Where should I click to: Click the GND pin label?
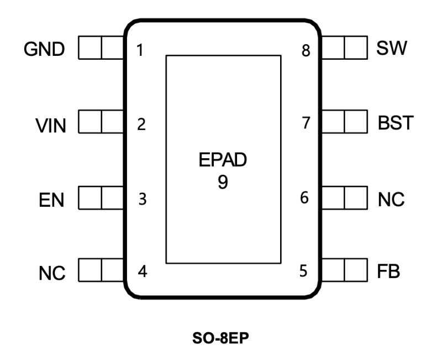point(44,50)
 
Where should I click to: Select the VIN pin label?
point(51,126)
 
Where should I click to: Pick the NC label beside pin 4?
point(52,273)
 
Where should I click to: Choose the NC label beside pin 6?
point(391,199)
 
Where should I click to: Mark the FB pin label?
point(389,273)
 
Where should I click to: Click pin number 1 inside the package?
point(140,51)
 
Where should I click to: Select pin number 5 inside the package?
point(303,272)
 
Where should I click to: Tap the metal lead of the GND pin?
point(101,48)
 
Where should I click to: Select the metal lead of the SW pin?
point(344,48)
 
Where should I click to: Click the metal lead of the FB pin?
point(344,270)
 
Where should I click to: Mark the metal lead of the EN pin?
point(101,197)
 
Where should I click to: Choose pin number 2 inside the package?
point(141,124)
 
